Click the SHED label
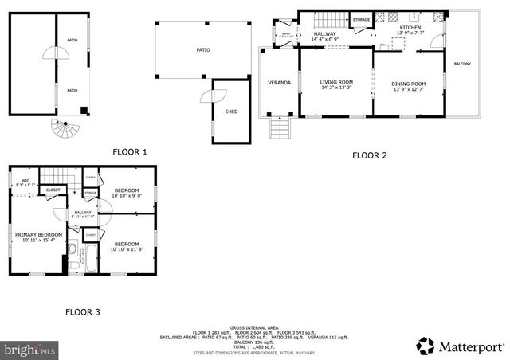[x=231, y=112]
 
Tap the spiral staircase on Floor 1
[x=61, y=126]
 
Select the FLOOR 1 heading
[x=129, y=151]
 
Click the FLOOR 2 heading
[x=370, y=155]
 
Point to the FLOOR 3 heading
[x=82, y=311]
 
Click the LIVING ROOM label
[x=337, y=84]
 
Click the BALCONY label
[x=462, y=64]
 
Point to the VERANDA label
[x=279, y=83]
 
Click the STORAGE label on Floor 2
[x=362, y=19]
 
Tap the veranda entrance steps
[x=279, y=127]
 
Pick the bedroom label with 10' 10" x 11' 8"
[x=127, y=246]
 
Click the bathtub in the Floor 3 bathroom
[x=88, y=258]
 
